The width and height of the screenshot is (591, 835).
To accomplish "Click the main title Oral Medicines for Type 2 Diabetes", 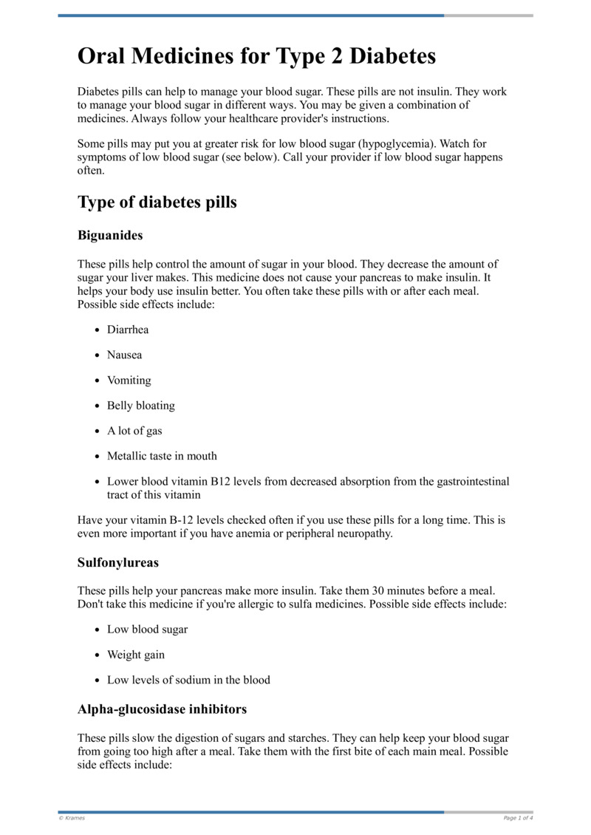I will click(x=256, y=56).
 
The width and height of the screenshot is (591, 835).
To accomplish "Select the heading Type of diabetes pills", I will click(x=157, y=202).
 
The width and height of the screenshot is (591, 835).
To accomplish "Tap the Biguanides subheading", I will click(x=110, y=236).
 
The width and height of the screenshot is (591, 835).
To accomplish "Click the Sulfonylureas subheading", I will click(x=118, y=562).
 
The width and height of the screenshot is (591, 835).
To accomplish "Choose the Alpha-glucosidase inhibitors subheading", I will click(x=162, y=709).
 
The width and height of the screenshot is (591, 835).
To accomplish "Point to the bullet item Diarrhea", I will click(x=128, y=330).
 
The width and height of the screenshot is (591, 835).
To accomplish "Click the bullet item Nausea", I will click(x=125, y=355).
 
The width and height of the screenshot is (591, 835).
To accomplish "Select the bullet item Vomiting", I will click(x=129, y=380).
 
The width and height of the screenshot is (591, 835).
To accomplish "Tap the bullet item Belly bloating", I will click(x=141, y=405).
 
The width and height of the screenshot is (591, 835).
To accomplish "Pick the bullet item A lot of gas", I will click(x=134, y=430).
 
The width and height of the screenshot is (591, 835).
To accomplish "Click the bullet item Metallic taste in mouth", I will click(x=162, y=455).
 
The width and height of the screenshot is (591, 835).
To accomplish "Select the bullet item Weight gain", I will click(x=136, y=655).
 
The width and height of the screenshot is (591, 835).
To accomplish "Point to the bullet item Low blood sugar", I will click(x=147, y=630).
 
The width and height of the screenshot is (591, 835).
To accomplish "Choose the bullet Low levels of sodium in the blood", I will click(x=188, y=680).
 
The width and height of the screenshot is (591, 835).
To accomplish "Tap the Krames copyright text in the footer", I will click(x=72, y=818).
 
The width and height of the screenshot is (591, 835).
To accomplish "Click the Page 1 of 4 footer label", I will click(x=518, y=818).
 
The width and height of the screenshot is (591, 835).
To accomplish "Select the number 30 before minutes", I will click(x=399, y=590).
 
